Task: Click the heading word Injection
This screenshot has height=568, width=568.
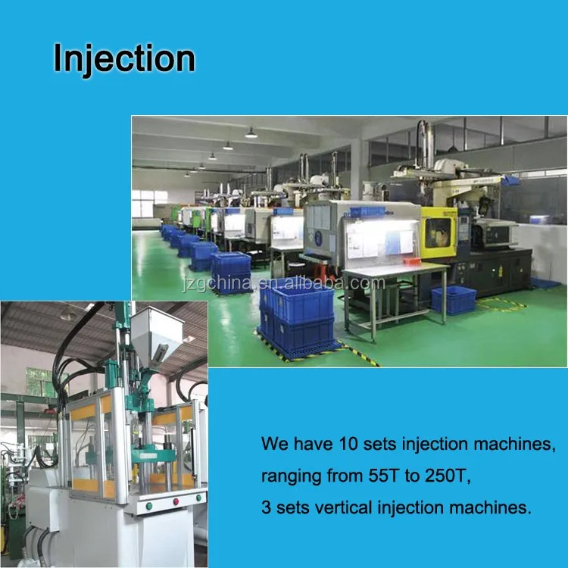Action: click(x=124, y=59)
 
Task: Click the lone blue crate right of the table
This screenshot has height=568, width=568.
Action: click(x=453, y=300)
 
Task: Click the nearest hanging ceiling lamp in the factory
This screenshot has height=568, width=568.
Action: click(x=251, y=133)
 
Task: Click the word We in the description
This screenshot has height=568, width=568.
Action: click(x=274, y=445)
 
